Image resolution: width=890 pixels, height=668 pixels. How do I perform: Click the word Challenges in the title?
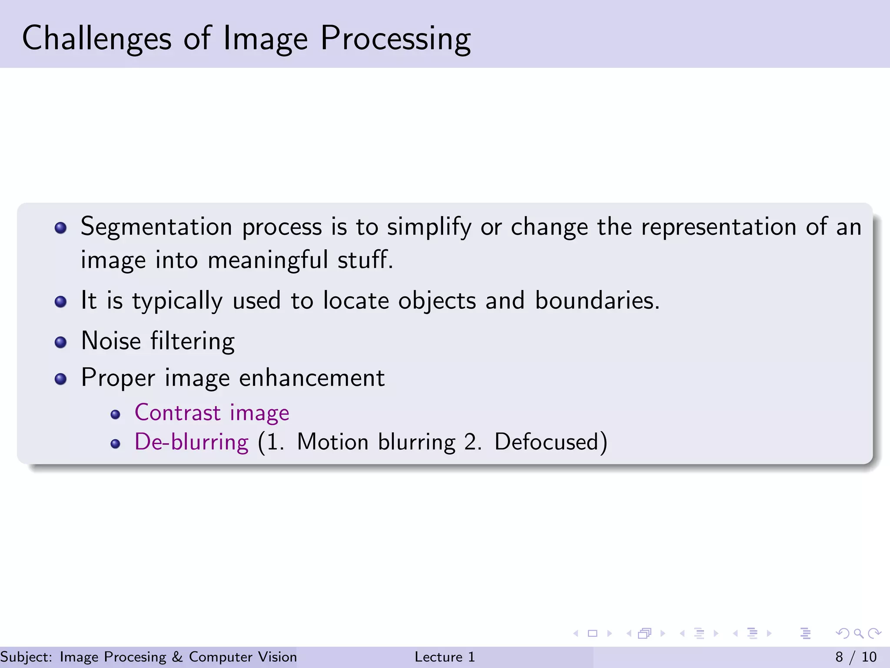click(96, 38)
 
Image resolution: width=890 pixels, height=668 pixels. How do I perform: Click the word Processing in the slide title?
click(395, 38)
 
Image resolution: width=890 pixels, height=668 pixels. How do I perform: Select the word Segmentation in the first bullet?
click(156, 227)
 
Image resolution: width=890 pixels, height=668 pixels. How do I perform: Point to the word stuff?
click(365, 260)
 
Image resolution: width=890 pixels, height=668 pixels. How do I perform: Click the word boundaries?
click(597, 301)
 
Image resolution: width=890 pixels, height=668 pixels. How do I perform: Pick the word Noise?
click(111, 341)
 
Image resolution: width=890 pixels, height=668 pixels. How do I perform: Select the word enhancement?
click(312, 377)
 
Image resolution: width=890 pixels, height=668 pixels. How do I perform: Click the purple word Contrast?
click(178, 412)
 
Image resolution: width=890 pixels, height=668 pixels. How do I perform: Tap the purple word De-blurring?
click(192, 442)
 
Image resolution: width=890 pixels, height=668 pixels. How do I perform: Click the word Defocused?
click(546, 442)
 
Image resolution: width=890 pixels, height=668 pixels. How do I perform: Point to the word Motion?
click(332, 442)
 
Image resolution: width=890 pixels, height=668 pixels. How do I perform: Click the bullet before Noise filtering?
click(61, 342)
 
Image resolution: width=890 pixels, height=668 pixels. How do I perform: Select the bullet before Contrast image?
click(115, 414)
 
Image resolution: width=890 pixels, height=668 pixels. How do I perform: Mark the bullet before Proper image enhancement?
click(61, 379)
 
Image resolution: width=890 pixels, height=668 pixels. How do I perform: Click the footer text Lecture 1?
click(445, 657)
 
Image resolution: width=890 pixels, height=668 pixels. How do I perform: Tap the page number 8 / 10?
click(856, 657)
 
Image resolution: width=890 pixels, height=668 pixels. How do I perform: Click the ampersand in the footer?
click(177, 657)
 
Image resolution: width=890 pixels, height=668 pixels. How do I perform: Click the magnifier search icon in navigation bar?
click(858, 633)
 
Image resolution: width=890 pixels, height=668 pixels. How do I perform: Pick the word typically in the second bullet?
click(177, 301)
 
